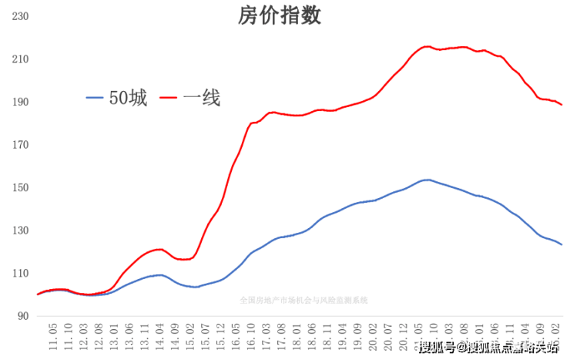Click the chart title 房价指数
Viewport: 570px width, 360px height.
coord(279,16)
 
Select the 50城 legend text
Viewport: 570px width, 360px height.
coord(127,98)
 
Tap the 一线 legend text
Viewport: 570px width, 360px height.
coord(202,98)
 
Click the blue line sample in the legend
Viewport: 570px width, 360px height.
coord(95,98)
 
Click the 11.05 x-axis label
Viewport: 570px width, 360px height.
coord(53,336)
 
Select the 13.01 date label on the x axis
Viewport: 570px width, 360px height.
coord(114,336)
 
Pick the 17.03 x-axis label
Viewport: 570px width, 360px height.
coord(266,336)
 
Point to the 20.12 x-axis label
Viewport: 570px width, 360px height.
coord(403,336)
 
